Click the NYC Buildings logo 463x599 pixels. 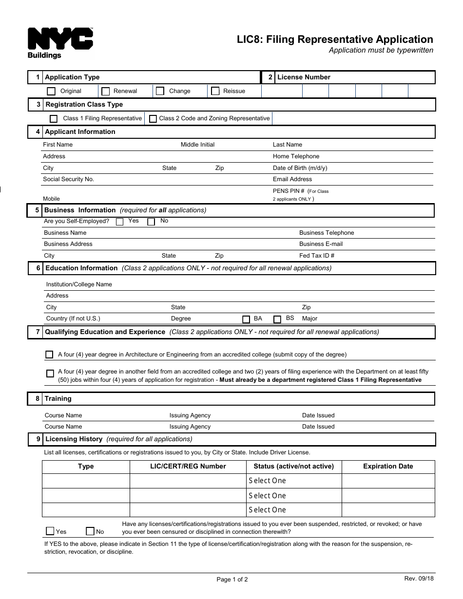[x=60, y=43]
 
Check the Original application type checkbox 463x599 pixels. [x=51, y=91]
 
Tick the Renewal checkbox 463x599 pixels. [x=105, y=91]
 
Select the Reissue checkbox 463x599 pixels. [x=215, y=91]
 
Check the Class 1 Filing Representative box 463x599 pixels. [x=54, y=119]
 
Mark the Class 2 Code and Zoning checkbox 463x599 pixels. [x=153, y=119]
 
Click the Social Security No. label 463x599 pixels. [x=68, y=179]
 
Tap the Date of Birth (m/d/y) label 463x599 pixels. [x=300, y=168]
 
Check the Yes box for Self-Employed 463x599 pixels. [x=120, y=222]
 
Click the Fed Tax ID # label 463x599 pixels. [x=316, y=256]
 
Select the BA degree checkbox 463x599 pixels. [x=246, y=319]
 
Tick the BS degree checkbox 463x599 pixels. [x=277, y=319]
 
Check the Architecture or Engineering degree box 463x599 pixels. [x=49, y=355]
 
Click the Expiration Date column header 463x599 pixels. [x=388, y=467]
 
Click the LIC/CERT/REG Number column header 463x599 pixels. [x=188, y=467]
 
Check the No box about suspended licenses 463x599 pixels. [x=90, y=531]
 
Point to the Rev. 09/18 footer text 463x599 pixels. [x=419, y=578]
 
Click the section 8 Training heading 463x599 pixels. [x=58, y=399]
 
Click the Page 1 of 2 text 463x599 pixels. [x=232, y=580]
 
